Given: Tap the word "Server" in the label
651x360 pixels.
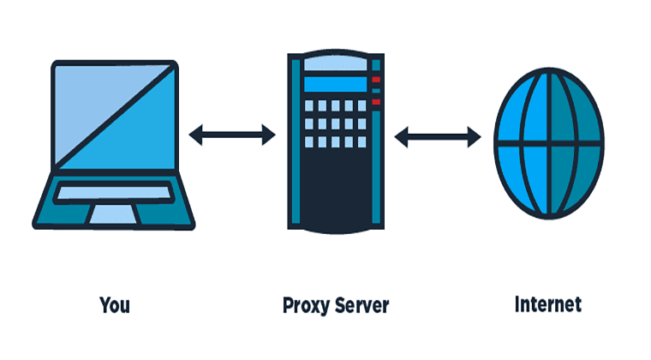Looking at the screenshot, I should pos(361,305).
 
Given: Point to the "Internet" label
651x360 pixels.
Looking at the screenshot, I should pos(547,304).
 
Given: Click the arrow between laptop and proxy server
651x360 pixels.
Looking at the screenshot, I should pos(231,133).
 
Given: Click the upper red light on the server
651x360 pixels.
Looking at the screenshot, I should pos(375,80).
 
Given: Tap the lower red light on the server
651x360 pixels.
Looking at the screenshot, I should pos(375,103).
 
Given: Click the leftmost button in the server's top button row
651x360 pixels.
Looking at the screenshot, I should pos(309,108).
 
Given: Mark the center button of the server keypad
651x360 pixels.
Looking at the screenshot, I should pos(336,124).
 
